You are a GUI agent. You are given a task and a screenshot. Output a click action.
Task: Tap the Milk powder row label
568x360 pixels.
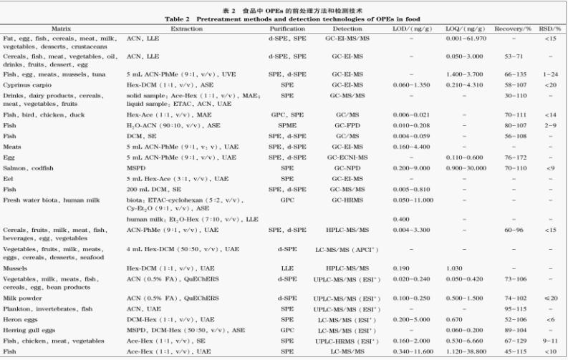[x=19, y=296]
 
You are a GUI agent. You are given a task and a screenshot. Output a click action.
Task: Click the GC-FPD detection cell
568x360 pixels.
[x=347, y=125]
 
